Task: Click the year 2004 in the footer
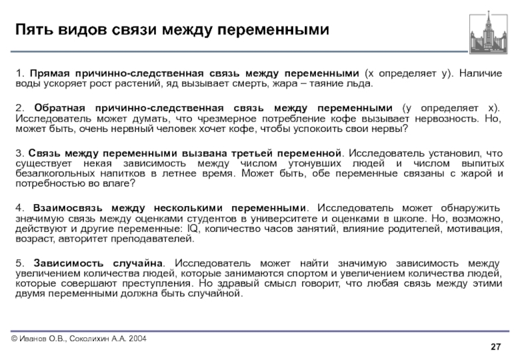click(x=136, y=339)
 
